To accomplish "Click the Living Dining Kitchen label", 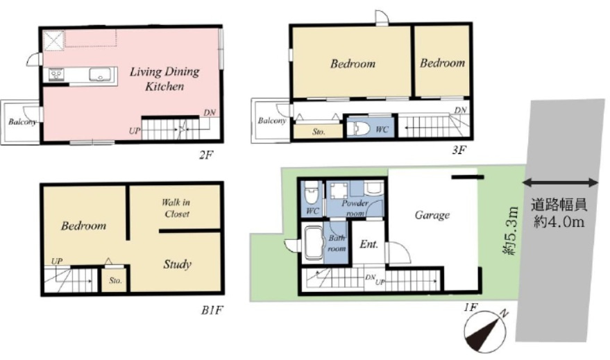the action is (x=164, y=78).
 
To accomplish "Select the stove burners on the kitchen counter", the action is (x=57, y=74).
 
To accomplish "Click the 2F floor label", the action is (x=206, y=155).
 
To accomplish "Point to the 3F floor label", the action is (x=459, y=150).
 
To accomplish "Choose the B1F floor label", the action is (x=212, y=310).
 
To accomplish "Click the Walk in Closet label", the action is (x=176, y=208).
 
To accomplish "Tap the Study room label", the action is (x=178, y=264).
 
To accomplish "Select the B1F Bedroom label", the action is (x=84, y=226).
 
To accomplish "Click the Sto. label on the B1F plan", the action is (x=115, y=280).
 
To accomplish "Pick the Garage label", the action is (x=432, y=215).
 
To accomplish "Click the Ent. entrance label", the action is (x=368, y=244).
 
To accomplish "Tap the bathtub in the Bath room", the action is (x=314, y=243).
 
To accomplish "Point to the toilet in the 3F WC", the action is (x=358, y=129).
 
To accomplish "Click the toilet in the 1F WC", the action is (x=311, y=194).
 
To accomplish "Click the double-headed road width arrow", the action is (x=561, y=182).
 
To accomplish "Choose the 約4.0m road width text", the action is (x=559, y=221).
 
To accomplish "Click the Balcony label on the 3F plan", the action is (x=271, y=121).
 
